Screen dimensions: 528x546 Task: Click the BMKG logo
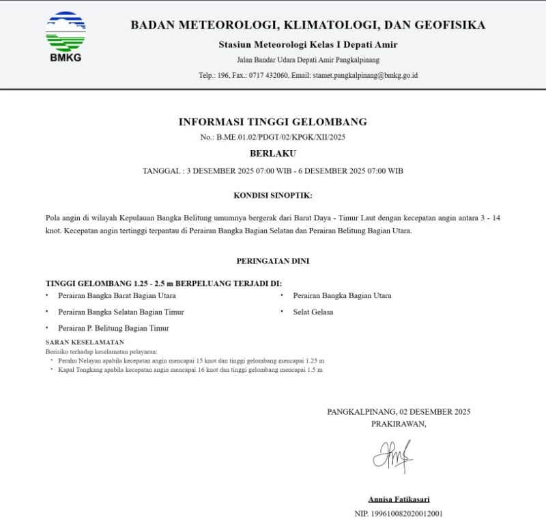coord(66,36)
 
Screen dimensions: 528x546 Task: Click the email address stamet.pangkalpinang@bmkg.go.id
coord(365,75)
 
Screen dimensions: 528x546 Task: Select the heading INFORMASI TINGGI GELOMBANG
coord(272,122)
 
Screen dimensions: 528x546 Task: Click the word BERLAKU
coord(272,153)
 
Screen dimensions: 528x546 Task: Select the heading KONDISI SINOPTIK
coord(272,196)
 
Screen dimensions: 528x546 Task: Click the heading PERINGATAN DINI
coord(272,261)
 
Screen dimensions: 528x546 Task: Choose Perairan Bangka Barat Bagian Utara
coord(117,295)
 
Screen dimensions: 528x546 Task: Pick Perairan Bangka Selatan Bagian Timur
coord(121,312)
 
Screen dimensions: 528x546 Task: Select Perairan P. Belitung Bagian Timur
coord(113,328)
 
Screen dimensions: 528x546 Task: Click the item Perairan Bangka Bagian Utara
coord(342,295)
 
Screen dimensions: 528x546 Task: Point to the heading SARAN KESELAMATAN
coord(85,342)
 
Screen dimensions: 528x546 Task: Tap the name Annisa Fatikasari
coord(399,499)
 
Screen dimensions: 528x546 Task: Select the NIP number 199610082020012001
coord(408,513)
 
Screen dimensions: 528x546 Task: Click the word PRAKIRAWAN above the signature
coord(399,424)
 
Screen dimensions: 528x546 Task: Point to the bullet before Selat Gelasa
coord(282,312)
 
